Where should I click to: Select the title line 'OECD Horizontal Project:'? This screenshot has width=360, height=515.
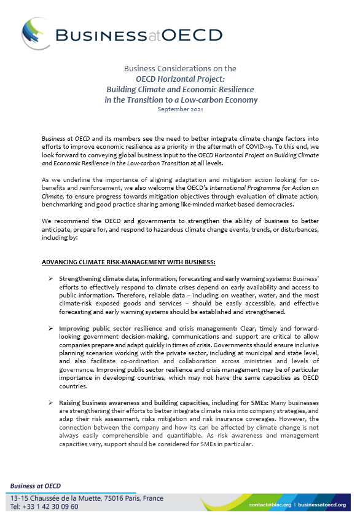click(181, 79)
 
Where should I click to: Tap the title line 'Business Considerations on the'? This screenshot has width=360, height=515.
click(180, 68)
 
